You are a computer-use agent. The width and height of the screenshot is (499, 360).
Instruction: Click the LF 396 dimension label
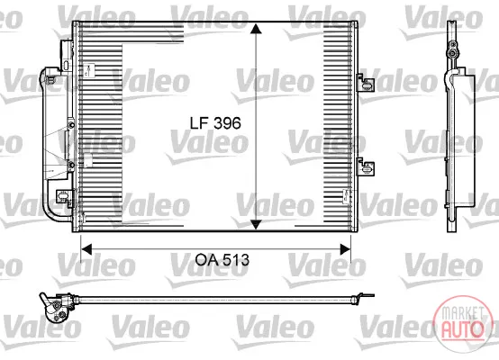[215, 122]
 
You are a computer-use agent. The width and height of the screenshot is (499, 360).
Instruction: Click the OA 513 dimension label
[222, 260]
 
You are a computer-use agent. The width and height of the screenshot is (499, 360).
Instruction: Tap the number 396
[227, 122]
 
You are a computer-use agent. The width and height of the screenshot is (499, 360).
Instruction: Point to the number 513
[236, 260]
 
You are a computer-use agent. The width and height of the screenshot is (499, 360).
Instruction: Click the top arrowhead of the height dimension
[256, 28]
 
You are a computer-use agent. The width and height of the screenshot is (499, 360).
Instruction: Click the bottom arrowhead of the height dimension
[256, 224]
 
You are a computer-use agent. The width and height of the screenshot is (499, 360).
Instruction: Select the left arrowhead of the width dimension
[86, 249]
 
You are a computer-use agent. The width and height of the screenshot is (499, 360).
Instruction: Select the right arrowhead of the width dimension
[346, 249]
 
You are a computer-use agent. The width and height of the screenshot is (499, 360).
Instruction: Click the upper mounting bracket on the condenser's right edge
[366, 83]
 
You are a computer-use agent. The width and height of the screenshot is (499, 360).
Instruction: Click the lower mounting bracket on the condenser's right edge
[366, 166]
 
